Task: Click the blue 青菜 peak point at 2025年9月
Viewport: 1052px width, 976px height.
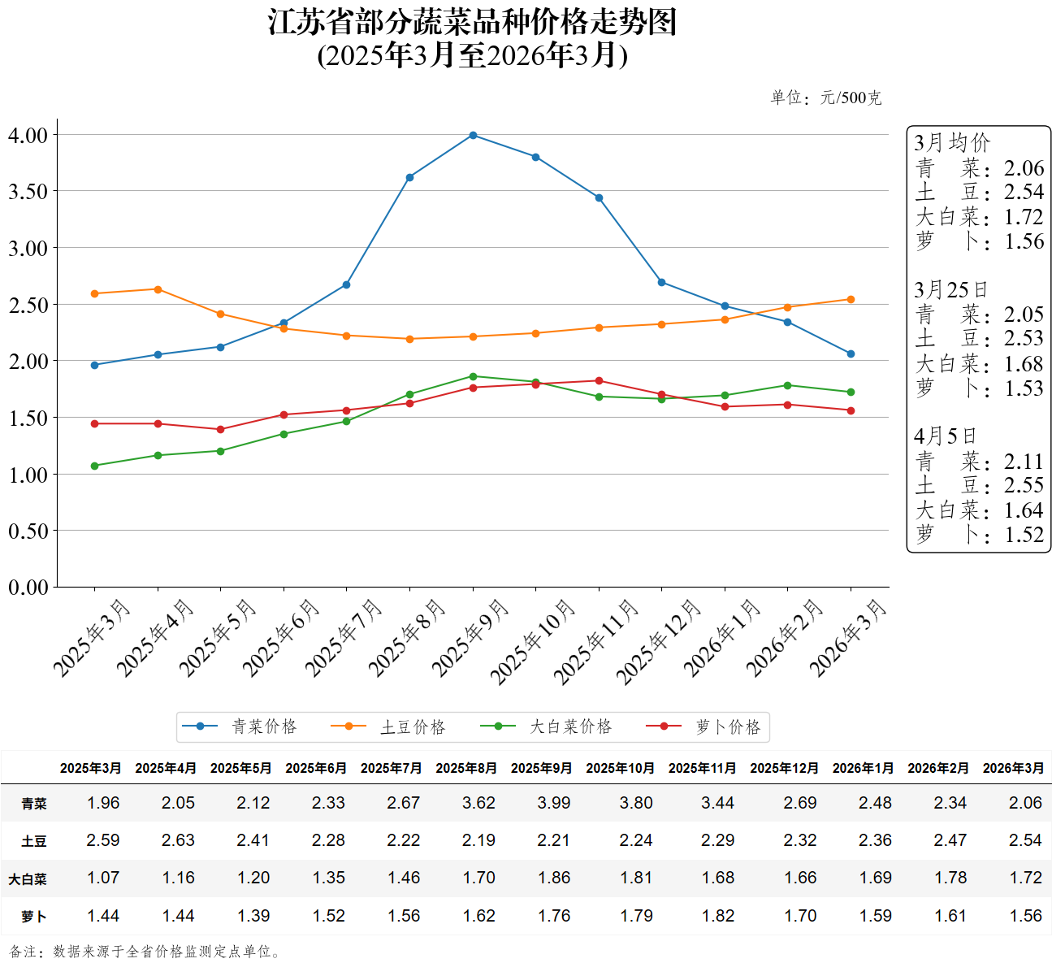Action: coord(473,135)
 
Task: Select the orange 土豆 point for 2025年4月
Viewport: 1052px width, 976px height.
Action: coord(158,289)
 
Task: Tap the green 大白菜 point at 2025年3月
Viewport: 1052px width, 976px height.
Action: coord(95,466)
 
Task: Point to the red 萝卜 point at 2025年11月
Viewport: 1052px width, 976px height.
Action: coord(599,380)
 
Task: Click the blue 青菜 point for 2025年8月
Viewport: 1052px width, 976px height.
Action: coord(409,177)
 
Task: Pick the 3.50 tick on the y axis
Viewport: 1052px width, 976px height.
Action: coord(28,192)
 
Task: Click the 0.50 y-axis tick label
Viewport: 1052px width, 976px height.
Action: coord(28,531)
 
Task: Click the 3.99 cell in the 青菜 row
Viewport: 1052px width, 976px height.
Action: coord(554,803)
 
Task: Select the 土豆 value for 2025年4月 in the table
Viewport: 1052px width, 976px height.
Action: coord(178,840)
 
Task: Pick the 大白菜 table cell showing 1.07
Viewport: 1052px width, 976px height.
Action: coord(103,878)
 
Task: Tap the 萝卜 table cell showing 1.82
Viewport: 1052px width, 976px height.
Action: coord(718,916)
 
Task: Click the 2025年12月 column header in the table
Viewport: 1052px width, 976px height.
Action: coord(784,768)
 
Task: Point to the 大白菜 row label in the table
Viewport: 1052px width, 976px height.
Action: coord(28,878)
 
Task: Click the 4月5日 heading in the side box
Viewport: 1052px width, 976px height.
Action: coord(945,436)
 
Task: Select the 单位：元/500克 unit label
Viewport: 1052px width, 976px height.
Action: coord(825,98)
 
